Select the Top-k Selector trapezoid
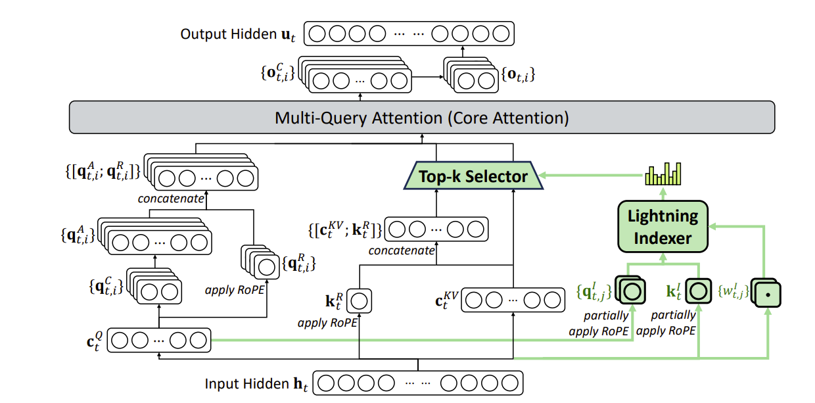(474, 176)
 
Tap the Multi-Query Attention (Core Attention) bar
(421, 119)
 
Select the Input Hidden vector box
(419, 383)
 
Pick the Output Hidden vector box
(410, 34)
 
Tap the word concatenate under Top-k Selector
(401, 250)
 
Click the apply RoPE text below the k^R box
(328, 323)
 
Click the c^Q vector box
(158, 341)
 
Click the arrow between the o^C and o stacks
(427, 77)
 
